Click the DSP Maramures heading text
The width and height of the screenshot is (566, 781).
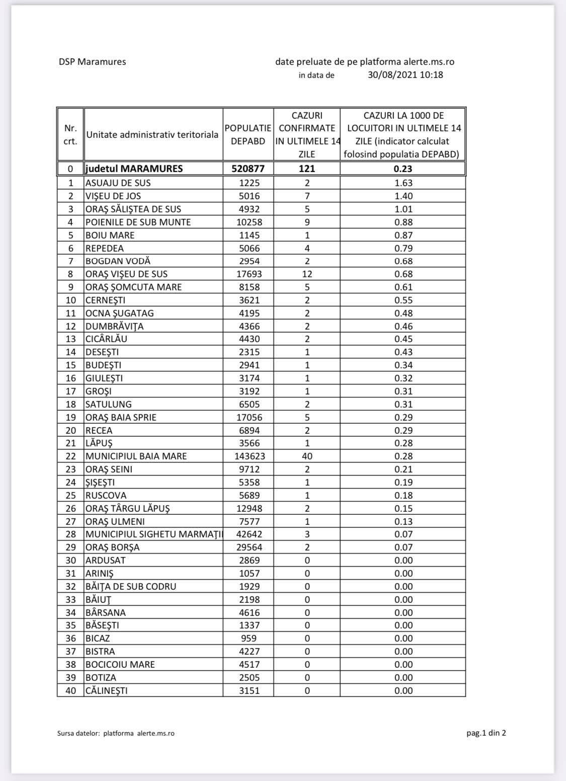92,62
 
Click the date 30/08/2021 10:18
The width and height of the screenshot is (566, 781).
406,75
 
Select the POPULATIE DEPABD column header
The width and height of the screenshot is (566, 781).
248,134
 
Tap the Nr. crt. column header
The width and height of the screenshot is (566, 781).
70,134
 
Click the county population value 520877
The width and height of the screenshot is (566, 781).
248,169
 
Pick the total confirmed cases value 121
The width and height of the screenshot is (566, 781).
307,169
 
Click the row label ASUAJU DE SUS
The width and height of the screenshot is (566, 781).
118,183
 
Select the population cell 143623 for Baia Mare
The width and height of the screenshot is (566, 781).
248,456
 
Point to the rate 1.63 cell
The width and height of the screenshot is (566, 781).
403,183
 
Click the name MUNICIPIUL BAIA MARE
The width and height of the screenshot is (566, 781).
136,456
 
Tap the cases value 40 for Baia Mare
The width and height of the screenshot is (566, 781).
307,456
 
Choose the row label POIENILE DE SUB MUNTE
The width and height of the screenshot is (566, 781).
138,222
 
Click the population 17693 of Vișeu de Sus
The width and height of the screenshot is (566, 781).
248,274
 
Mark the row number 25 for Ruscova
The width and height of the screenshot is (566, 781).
71,496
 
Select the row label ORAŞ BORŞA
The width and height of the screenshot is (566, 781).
113,548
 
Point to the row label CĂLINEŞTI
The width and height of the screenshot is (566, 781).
107,691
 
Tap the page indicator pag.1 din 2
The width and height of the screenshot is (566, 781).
486,733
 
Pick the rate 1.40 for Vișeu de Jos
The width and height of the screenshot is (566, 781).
403,196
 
